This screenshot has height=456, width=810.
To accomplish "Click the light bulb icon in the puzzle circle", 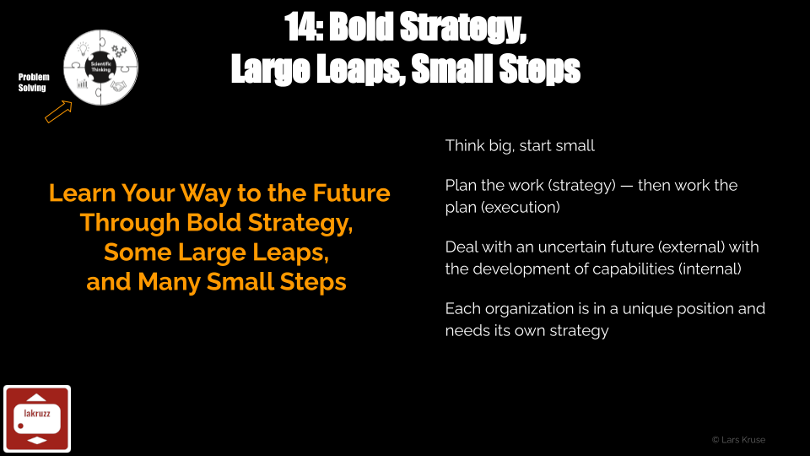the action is pos(84,49).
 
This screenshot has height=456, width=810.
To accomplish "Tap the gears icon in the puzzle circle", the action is pos(119,51).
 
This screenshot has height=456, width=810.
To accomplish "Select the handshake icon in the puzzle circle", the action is pos(118,86).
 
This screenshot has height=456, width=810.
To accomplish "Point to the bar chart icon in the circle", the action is pos(82,84).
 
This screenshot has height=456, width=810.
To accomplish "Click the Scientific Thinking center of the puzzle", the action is pos(100,68).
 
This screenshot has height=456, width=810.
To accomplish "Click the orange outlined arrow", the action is pos(58,111).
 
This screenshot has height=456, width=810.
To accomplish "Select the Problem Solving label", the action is pos(34,82).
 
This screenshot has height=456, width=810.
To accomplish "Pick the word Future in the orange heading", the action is pos(351,193).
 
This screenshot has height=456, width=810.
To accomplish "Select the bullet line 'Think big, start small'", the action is pos(520,146).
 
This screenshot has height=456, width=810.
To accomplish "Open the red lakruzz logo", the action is pos(37,419).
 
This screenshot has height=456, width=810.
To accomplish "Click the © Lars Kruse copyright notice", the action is pos(739,440).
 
